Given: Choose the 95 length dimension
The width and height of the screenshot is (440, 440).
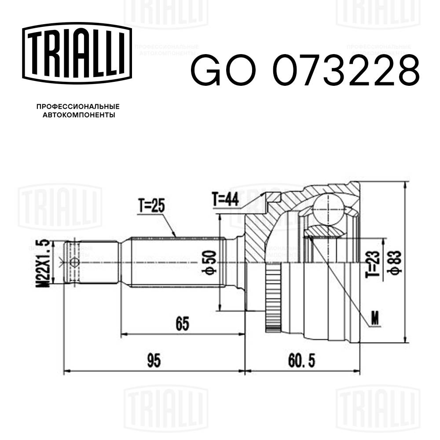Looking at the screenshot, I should [154, 361].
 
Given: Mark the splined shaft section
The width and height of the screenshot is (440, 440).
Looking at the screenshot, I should [176, 263].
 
